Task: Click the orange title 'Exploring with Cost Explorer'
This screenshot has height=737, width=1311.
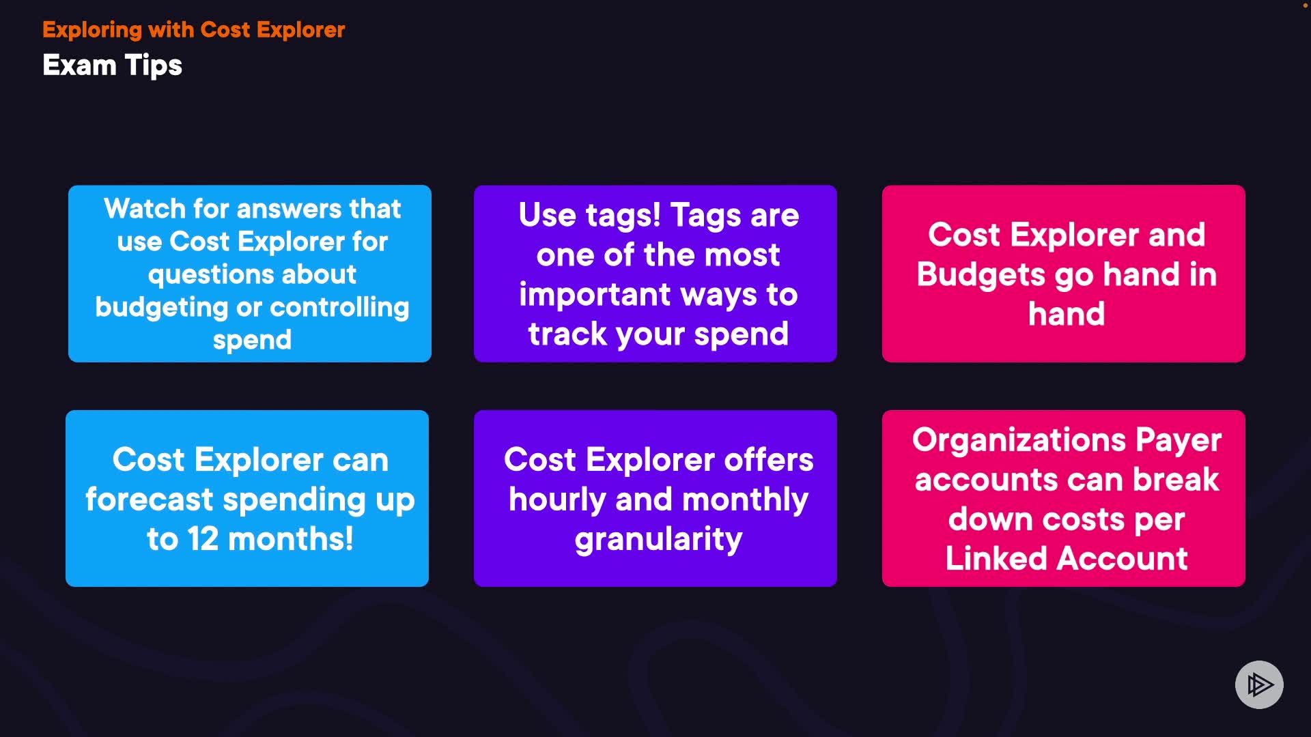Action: coord(193,30)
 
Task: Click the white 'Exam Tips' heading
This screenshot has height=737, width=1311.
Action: coord(112,66)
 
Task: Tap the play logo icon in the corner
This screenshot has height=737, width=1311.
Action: coord(1259,684)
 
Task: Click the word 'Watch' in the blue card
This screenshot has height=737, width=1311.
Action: coord(145,209)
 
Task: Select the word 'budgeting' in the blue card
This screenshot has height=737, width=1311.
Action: coord(162,308)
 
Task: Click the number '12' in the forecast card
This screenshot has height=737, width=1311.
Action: coord(203,538)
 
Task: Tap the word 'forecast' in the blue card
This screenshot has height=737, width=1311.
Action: coord(149,500)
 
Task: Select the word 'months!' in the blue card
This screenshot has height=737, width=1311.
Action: coord(291,538)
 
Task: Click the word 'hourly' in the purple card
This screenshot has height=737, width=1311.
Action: coord(557,500)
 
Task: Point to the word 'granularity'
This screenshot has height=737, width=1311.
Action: coord(658,540)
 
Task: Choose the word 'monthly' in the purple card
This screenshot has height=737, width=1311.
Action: coord(745,500)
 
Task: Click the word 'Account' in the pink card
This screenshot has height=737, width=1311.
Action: coord(1123,558)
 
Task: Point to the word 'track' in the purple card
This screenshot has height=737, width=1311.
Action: coord(567,334)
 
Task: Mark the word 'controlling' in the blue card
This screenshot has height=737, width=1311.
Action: coord(344,308)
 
